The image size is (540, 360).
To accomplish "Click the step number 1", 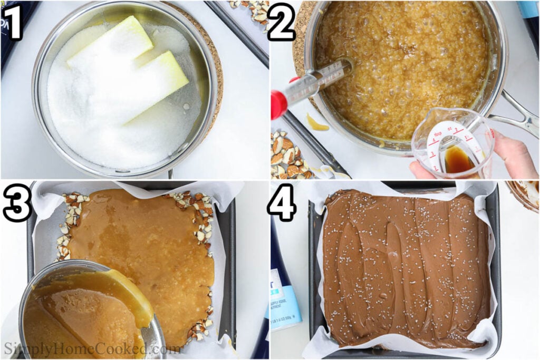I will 13,22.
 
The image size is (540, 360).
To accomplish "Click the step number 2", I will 282,22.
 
